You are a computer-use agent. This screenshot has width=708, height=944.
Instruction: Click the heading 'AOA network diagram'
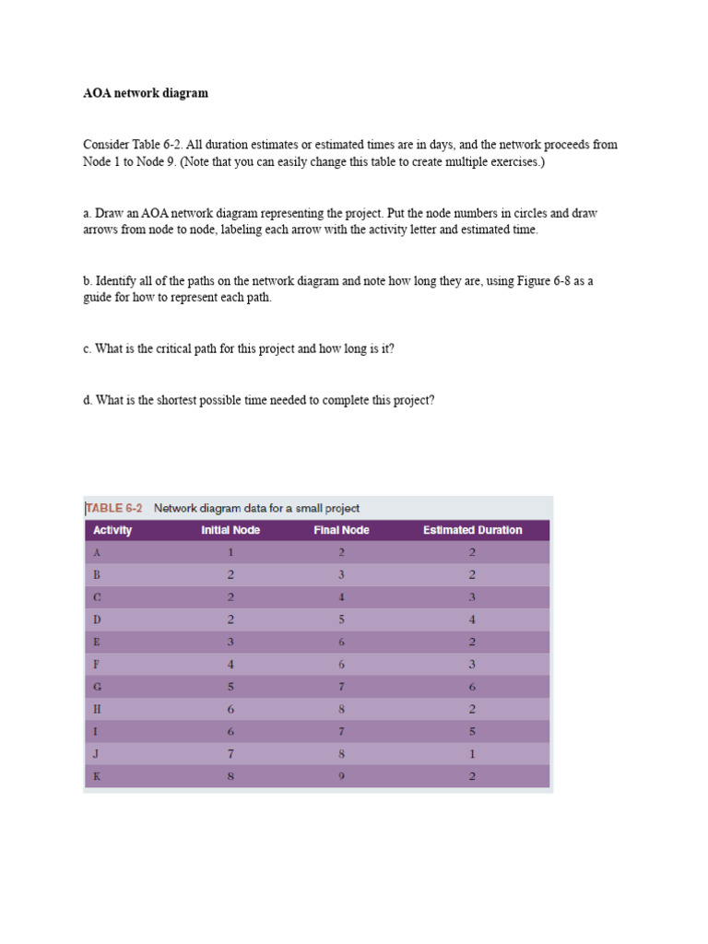[146, 93]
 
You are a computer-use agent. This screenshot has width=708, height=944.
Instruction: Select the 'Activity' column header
[112, 530]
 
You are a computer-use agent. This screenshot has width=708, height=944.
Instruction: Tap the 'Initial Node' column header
[230, 530]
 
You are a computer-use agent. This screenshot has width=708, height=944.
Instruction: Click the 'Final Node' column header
[341, 530]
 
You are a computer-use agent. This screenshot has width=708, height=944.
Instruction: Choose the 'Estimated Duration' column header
[472, 530]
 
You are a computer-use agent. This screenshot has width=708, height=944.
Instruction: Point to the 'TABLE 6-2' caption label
[114, 508]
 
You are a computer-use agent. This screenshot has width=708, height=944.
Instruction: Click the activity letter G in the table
[97, 687]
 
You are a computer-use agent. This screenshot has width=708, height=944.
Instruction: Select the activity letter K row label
[97, 776]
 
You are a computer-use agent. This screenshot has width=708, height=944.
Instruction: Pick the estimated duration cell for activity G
[472, 687]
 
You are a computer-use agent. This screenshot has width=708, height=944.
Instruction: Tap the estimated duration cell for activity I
[472, 732]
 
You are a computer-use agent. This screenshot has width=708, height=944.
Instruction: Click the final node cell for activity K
[341, 776]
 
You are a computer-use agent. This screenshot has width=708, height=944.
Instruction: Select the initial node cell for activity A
[230, 553]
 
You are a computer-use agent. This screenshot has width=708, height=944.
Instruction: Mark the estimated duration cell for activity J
[472, 754]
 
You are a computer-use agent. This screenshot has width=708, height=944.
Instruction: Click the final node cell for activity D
[341, 619]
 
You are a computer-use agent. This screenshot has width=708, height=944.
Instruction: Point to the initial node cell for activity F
[230, 665]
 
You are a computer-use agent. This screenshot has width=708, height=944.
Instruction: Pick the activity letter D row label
[97, 619]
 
